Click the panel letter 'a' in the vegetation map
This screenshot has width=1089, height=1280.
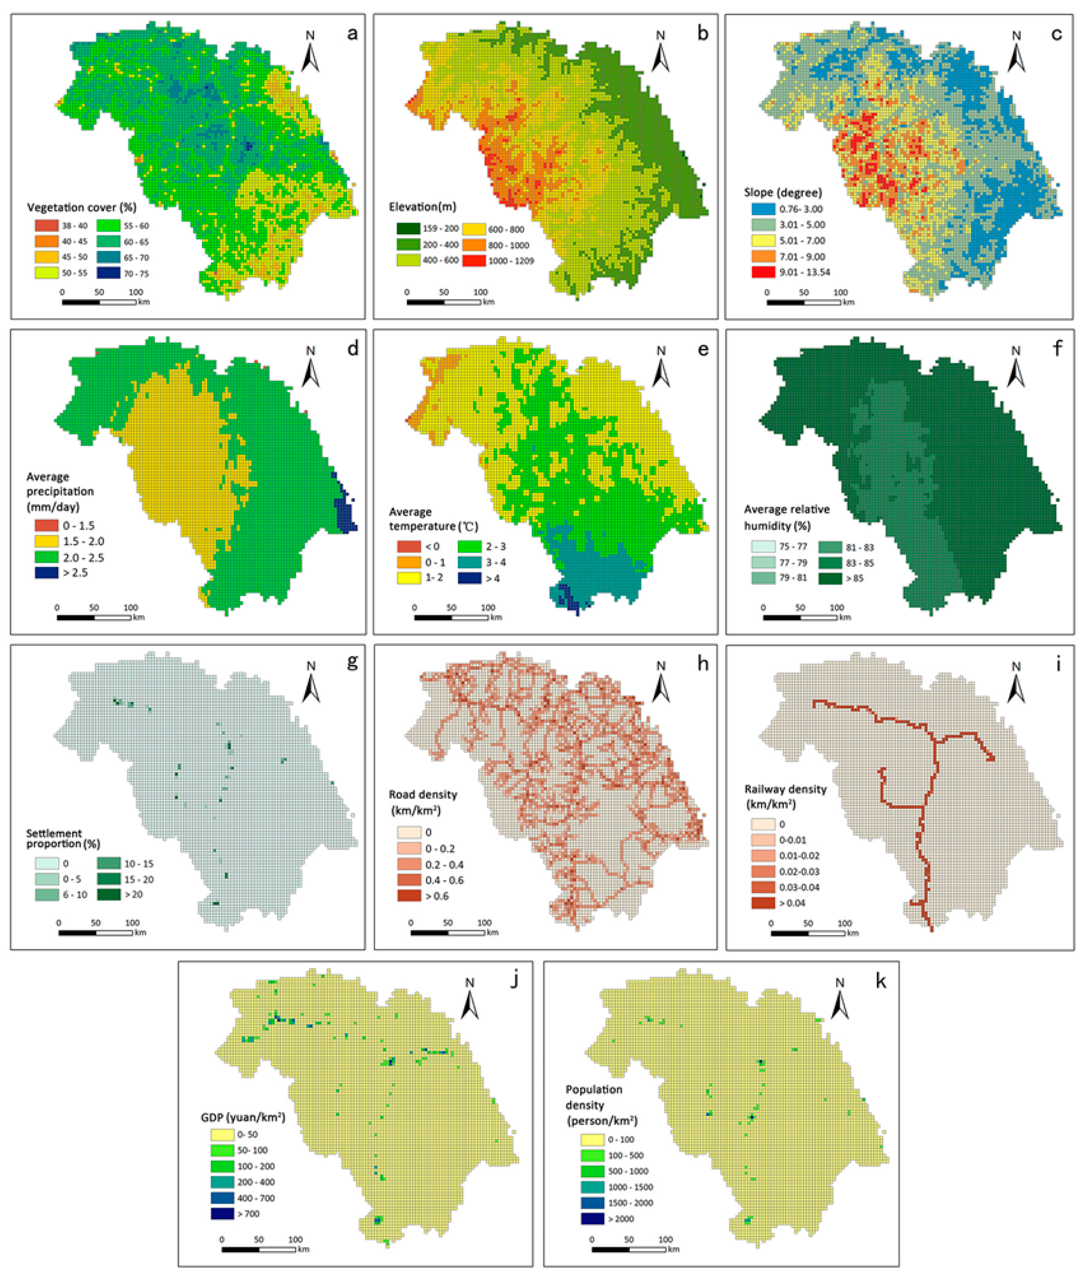tap(352, 33)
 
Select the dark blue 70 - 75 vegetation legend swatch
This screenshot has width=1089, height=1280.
tap(108, 273)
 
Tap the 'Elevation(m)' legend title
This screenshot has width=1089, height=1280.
tap(422, 207)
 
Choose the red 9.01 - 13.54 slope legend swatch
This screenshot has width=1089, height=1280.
tap(763, 272)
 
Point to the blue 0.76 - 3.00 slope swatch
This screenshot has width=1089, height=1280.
tap(763, 209)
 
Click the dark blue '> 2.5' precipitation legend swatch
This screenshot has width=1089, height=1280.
tap(46, 573)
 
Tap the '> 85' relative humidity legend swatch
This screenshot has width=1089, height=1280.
tap(830, 578)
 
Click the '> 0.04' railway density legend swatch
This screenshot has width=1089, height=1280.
tap(763, 902)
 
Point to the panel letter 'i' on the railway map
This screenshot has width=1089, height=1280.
tap(1058, 665)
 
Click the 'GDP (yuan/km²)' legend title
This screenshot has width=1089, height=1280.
tap(243, 1117)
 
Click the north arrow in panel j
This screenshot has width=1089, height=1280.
tap(470, 1000)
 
